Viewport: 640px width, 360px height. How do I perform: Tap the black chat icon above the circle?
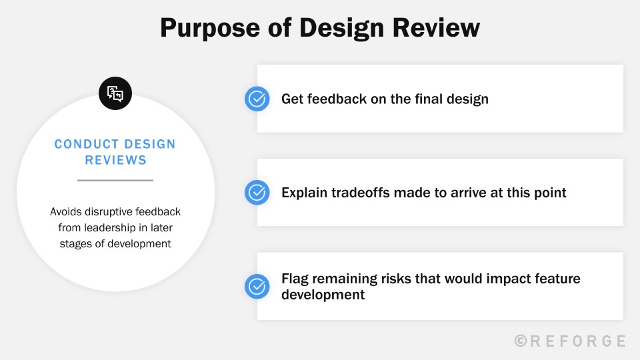tap(115, 94)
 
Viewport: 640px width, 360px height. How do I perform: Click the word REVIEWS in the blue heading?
tap(115, 160)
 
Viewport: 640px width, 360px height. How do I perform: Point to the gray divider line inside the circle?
tap(115, 180)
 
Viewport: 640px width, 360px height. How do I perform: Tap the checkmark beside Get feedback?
tap(257, 99)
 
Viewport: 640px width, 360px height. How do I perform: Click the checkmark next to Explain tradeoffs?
tap(257, 193)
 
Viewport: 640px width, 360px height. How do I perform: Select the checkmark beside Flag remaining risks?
tap(257, 286)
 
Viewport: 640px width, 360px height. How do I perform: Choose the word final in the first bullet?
tap(431, 99)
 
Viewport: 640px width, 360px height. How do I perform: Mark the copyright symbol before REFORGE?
tap(521, 341)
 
